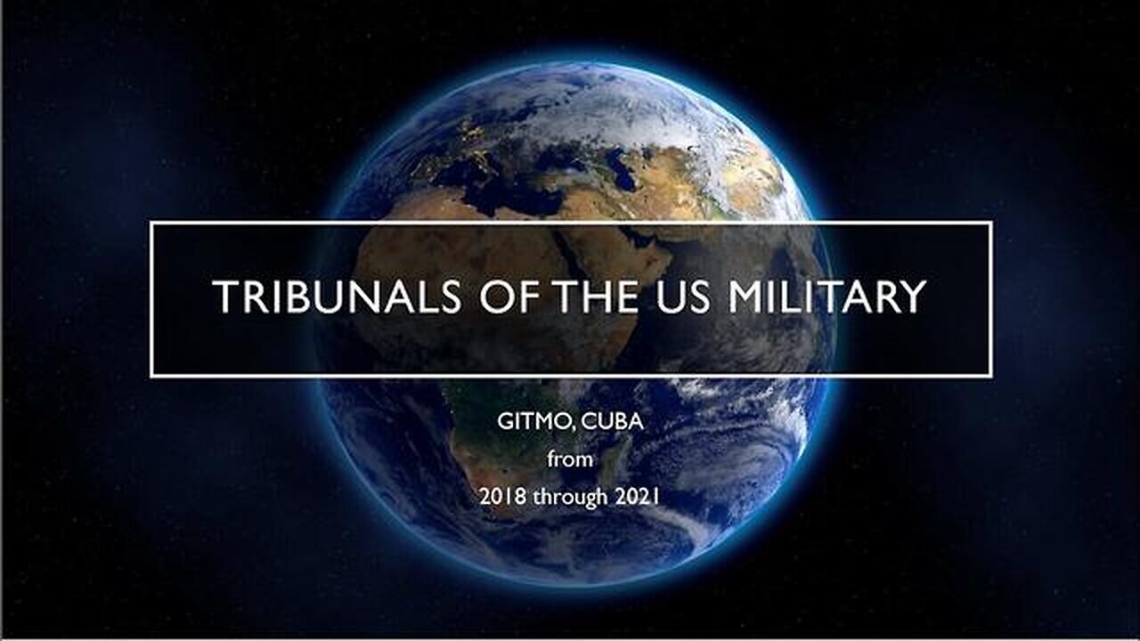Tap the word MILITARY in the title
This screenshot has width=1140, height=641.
pyautogui.click(x=826, y=297)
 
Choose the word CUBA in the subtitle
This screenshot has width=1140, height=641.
pyautogui.click(x=612, y=422)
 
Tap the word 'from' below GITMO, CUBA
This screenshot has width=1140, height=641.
pyautogui.click(x=569, y=459)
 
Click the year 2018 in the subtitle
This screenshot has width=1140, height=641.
pyautogui.click(x=504, y=497)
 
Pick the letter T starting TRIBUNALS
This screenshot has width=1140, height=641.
pyautogui.click(x=224, y=297)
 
